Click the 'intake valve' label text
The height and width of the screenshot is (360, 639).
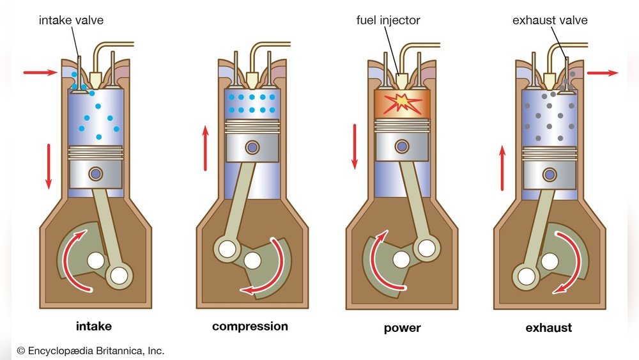click(71, 20)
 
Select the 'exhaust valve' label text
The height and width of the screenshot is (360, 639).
click(550, 20)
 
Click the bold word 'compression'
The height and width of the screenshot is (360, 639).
click(250, 327)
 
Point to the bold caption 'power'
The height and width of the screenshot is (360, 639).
click(403, 329)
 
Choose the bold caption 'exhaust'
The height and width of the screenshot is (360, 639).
click(548, 328)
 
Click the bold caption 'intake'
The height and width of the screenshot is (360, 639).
click(93, 327)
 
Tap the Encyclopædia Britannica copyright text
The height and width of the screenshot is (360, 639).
click(90, 350)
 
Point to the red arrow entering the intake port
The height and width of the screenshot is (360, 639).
click(40, 73)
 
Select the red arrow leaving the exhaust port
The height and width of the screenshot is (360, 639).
click(602, 73)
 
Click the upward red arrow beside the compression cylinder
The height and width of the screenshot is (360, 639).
click(205, 148)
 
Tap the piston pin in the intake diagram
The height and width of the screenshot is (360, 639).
click(96, 173)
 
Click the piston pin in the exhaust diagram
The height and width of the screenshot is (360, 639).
click(550, 173)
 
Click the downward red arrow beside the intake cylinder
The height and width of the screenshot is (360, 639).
click(49, 166)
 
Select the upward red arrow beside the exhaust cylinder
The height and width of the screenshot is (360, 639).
click(502, 168)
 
